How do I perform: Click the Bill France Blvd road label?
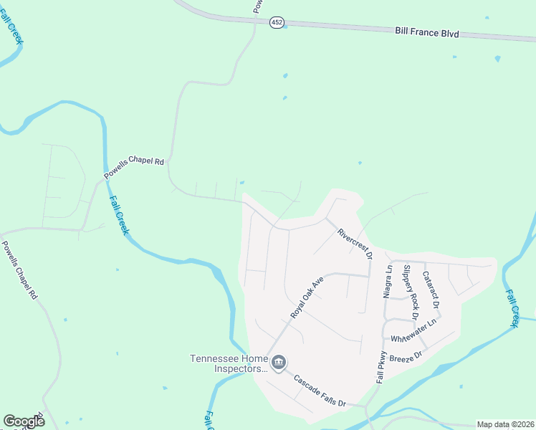(x=426, y=33)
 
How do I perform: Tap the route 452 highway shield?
(x=277, y=23)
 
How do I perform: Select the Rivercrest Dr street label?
(x=355, y=244)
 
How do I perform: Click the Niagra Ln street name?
(x=388, y=282)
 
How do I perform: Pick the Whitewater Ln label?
(x=414, y=330)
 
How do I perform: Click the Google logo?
(x=24, y=421)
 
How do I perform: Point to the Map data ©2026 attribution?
(x=505, y=424)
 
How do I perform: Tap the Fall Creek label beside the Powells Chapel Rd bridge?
(x=118, y=215)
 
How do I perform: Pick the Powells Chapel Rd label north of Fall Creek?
(x=134, y=167)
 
